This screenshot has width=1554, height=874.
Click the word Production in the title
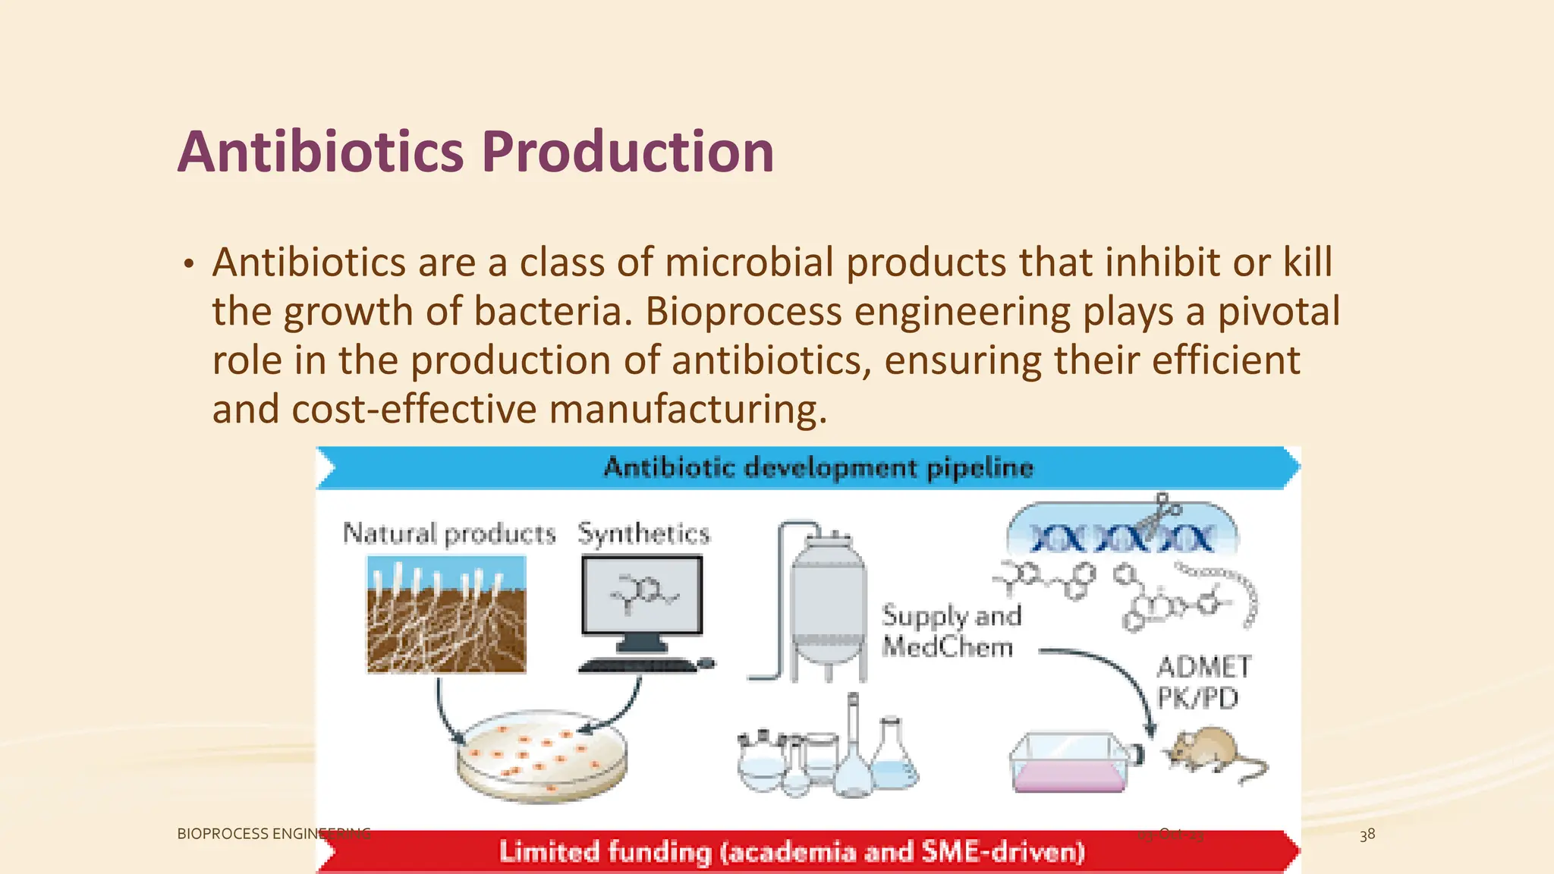click(x=628, y=152)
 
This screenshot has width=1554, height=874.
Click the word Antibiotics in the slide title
click(x=320, y=152)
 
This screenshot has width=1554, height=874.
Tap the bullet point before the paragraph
click(x=188, y=265)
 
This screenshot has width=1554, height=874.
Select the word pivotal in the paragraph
click(x=1279, y=312)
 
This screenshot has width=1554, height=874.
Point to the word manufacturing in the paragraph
click(x=687, y=410)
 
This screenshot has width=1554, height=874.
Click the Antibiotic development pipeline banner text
click(x=818, y=467)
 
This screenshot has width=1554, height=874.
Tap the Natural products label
click(x=449, y=533)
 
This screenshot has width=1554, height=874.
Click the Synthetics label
click(x=643, y=533)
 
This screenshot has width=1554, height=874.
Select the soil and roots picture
click(x=446, y=615)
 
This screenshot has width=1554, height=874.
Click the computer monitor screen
click(x=642, y=594)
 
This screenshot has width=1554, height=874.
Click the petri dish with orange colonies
click(x=541, y=755)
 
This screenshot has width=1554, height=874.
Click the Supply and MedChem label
click(x=950, y=630)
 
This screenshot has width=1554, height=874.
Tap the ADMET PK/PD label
click(x=1202, y=681)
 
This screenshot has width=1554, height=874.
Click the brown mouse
click(x=1210, y=751)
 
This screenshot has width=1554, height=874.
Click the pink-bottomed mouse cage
click(x=1070, y=762)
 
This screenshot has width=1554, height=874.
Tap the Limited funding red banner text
click(x=791, y=851)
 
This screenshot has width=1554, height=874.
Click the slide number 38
click(x=1367, y=835)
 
